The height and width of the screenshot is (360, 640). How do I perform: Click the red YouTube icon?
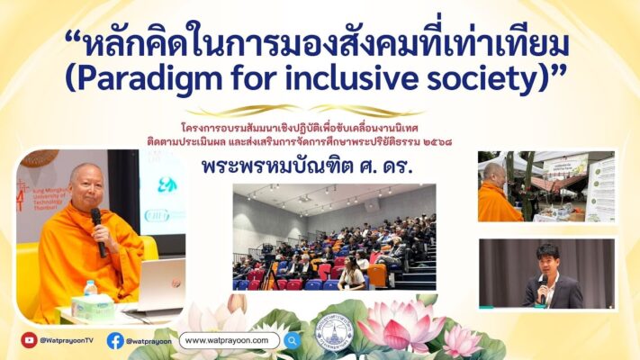tap(29, 340)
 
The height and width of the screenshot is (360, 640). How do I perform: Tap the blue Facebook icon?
tap(115, 340)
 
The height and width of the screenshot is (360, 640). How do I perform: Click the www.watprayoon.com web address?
tap(230, 340)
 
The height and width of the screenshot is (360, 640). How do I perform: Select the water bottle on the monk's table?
tap(90, 292)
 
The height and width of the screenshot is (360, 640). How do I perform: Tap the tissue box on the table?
tap(95, 307)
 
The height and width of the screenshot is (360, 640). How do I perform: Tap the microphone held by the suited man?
tap(542, 287)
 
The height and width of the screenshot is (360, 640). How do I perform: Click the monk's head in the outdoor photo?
tap(492, 171)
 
